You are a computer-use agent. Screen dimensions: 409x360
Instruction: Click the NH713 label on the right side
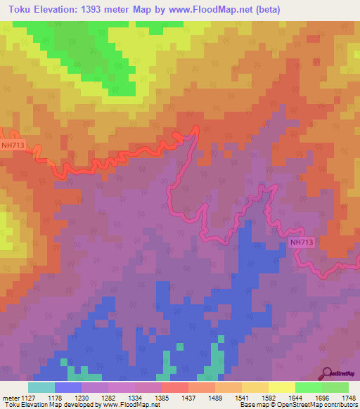301,242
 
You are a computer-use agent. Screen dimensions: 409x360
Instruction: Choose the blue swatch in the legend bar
67,387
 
